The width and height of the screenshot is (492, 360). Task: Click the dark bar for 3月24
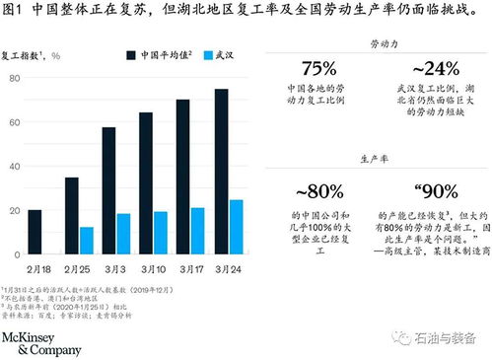point(221,171)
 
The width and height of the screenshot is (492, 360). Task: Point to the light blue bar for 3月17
point(197,230)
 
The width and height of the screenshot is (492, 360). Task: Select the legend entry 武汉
point(213,56)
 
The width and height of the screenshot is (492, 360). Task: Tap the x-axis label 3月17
point(189,267)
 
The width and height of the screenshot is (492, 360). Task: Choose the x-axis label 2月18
point(39,267)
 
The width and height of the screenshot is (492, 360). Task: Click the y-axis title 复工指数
point(25,56)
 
